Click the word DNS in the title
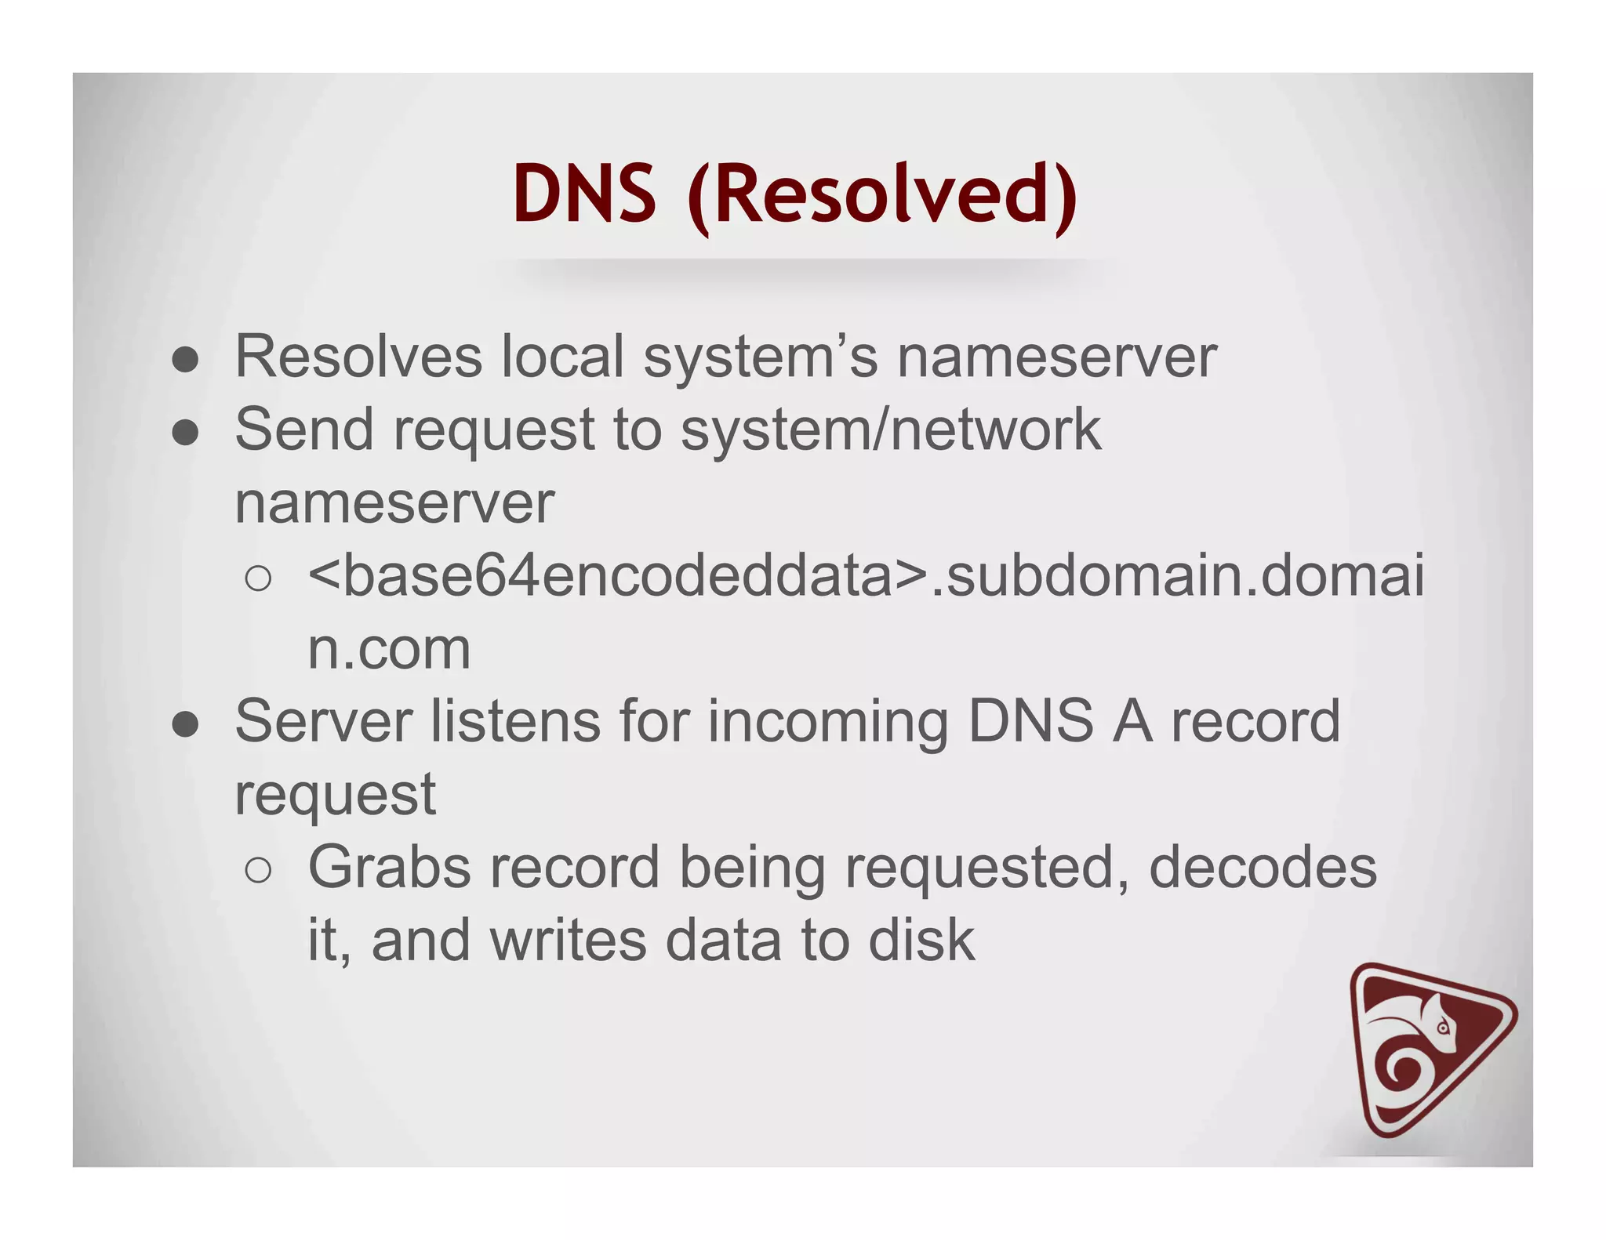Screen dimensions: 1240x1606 tap(584, 194)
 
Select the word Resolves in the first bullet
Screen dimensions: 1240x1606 tap(358, 357)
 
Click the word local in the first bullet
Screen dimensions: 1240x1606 tap(562, 357)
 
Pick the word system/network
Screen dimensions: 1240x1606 tap(891, 430)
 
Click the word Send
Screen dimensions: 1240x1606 tap(304, 430)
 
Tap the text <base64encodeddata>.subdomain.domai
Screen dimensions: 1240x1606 tap(866, 575)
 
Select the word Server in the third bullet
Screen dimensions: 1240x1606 tap(323, 721)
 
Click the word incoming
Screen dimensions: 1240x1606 tap(828, 723)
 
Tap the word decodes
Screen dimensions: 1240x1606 tap(1263, 867)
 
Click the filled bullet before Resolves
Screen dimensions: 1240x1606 tap(185, 361)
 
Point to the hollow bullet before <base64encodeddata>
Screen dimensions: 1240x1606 tap(258, 579)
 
